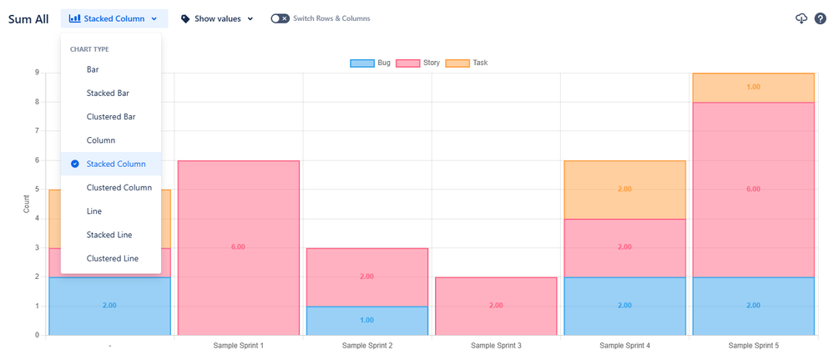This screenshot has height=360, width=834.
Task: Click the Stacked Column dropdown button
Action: tap(114, 18)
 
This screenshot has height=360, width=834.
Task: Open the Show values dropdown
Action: tap(217, 18)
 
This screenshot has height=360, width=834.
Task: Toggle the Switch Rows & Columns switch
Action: tap(281, 18)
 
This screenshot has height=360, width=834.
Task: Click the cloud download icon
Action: tap(801, 19)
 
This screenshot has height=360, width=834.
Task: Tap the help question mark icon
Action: tap(821, 19)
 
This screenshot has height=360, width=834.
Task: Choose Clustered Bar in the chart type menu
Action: tap(111, 117)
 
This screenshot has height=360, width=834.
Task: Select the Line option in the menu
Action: tap(94, 211)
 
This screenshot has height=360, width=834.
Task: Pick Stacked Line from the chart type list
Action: tap(109, 235)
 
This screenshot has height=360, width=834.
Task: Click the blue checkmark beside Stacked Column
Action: tap(75, 164)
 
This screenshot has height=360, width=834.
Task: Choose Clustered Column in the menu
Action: tap(119, 188)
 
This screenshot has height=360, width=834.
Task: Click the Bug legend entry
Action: tap(371, 63)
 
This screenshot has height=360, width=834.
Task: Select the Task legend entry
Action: tap(468, 63)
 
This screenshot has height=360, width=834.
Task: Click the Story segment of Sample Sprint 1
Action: tap(238, 247)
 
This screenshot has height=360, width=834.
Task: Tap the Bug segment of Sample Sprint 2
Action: tap(366, 320)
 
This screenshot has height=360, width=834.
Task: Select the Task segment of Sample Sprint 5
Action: tap(752, 88)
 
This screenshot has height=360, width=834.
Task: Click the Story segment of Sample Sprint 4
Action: tap(624, 247)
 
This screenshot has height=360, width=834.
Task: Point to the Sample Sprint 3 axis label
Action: tap(495, 346)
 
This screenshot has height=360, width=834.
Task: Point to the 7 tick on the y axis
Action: tap(37, 131)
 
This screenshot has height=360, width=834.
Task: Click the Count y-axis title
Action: tap(27, 203)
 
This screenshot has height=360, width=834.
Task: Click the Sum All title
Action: tap(29, 18)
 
